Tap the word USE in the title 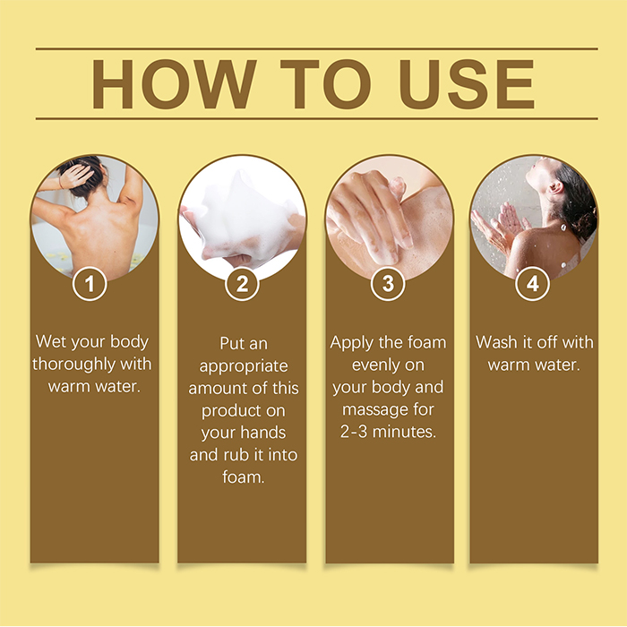tap(467, 84)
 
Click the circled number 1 tap(90, 284)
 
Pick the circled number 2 tap(242, 284)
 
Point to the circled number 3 tap(388, 284)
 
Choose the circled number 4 tap(532, 284)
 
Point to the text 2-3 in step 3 tap(354, 432)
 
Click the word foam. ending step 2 tap(244, 477)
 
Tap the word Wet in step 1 tap(50, 342)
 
